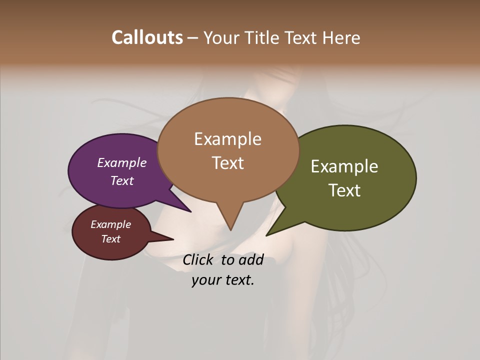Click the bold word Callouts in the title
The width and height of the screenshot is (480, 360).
pyautogui.click(x=147, y=37)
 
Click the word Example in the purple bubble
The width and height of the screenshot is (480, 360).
pyautogui.click(x=122, y=162)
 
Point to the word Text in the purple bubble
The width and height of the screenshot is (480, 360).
pyautogui.click(x=122, y=180)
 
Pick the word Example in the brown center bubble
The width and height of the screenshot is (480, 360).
pyautogui.click(x=227, y=139)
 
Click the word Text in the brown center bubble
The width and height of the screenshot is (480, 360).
pyautogui.click(x=228, y=162)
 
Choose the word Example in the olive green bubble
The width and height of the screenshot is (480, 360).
pyautogui.click(x=344, y=166)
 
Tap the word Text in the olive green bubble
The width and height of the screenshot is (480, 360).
pyautogui.click(x=344, y=190)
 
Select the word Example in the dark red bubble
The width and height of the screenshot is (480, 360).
pyautogui.click(x=110, y=224)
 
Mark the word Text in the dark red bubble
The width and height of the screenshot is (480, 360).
pyautogui.click(x=110, y=239)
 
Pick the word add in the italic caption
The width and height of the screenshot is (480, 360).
pyautogui.click(x=251, y=259)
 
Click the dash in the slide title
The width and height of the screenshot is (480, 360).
pyautogui.click(x=193, y=38)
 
